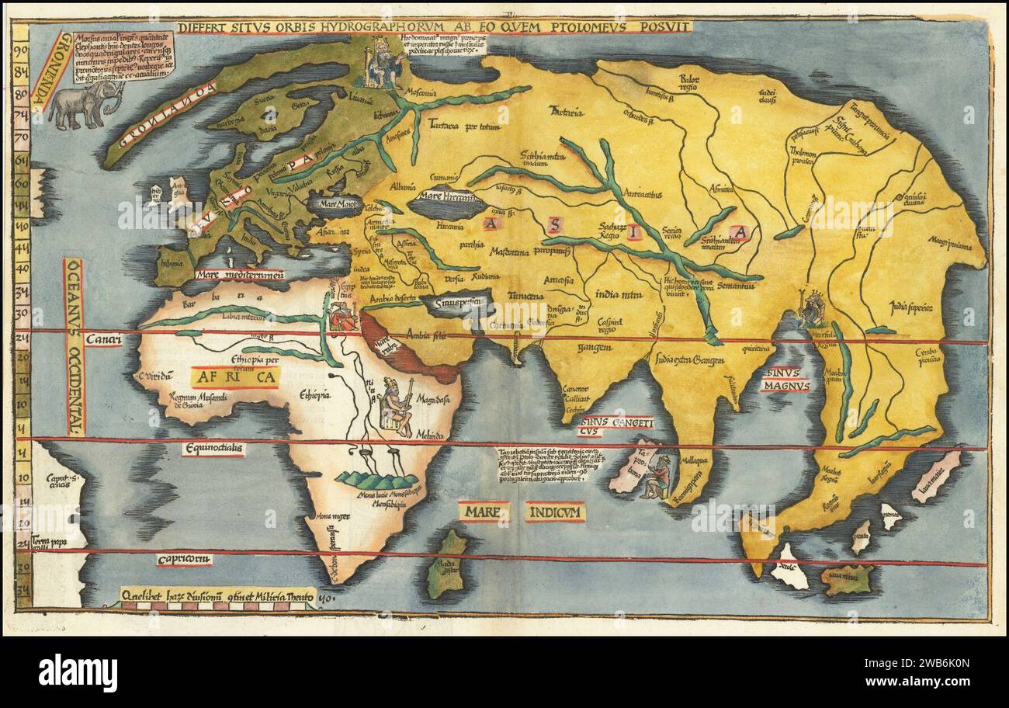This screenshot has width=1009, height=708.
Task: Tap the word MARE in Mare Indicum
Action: click(x=483, y=512)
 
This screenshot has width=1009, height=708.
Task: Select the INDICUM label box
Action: click(x=554, y=512)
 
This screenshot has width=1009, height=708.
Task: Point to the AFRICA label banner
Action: click(x=234, y=377)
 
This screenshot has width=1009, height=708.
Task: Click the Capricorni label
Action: click(x=183, y=559)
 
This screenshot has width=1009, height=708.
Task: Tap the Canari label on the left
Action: click(x=102, y=338)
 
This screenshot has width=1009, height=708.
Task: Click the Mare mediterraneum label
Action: click(x=240, y=274)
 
